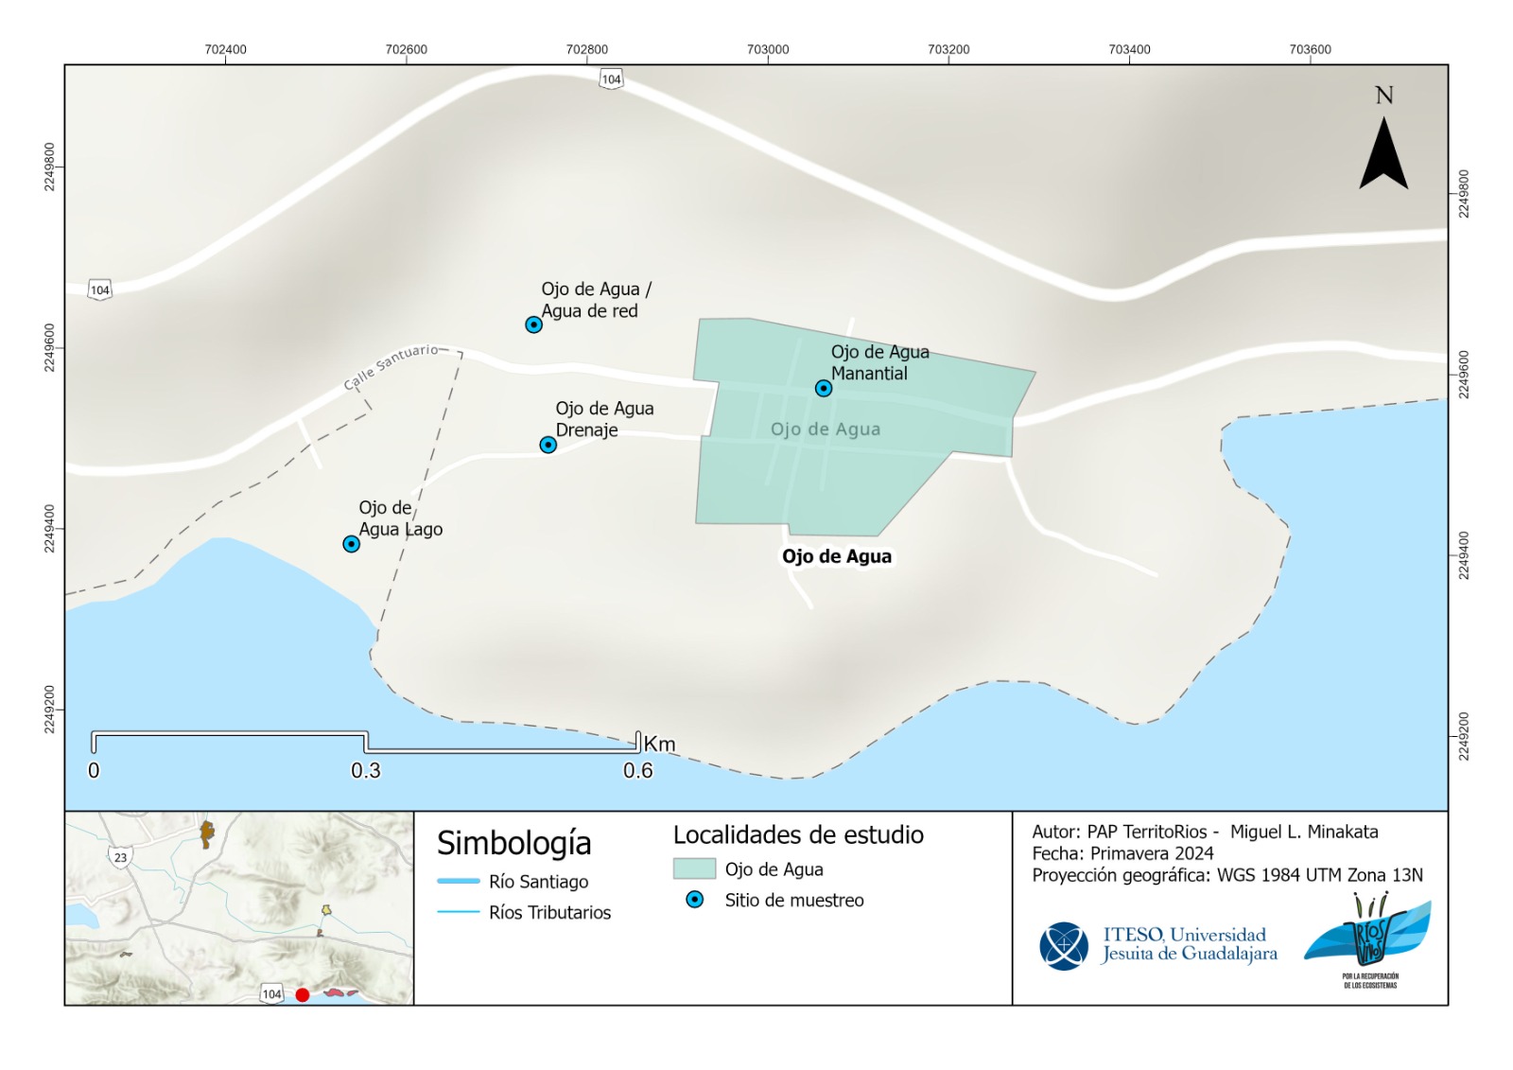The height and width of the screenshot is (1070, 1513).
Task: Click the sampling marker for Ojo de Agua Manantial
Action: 824,389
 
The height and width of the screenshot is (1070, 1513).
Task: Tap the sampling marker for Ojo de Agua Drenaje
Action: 548,445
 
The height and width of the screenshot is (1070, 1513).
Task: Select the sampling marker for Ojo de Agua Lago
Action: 351,544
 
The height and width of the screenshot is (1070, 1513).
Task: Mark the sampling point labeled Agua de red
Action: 533,325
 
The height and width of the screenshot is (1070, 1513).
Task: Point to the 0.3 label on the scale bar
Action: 366,771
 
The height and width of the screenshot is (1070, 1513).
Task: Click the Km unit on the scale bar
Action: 660,745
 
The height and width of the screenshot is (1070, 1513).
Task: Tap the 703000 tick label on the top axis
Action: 767,49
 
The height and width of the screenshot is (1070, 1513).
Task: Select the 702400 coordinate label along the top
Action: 225,49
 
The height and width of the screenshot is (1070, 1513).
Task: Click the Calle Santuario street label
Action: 391,366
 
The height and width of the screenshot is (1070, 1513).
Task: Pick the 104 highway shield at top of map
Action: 612,79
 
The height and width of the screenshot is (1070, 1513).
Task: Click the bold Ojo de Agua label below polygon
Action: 836,556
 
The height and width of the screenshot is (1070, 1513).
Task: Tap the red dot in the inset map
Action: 303,994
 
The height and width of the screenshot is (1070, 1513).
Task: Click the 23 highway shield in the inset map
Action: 120,858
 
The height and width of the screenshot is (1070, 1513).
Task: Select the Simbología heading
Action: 513,842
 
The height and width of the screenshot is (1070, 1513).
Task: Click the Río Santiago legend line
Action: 459,882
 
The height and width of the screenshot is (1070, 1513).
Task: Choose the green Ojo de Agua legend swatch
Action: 694,868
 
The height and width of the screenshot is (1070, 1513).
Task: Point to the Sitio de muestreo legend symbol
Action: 695,900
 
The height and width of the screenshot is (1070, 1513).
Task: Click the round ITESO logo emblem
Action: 1064,945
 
